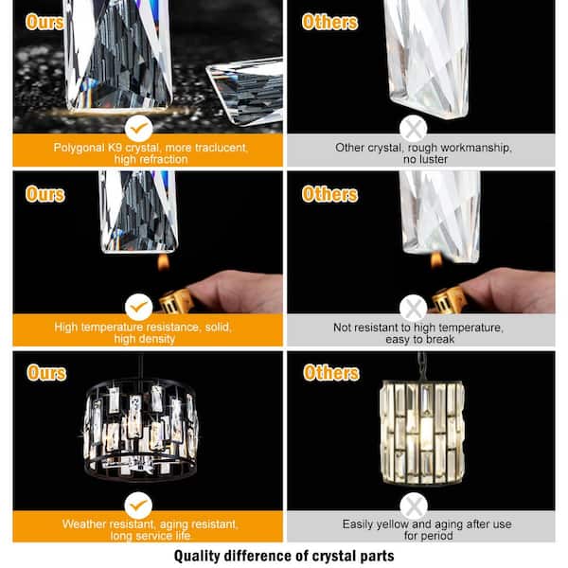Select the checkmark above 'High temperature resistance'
(139, 307)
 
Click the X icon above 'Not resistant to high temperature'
(413, 307)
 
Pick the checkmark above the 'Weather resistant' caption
(139, 504)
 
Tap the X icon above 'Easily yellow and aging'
(413, 504)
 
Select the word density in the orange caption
(167, 339)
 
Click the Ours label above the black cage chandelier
(45, 372)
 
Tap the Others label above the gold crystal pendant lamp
(330, 372)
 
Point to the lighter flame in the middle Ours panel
(163, 262)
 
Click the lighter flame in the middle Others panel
(436, 260)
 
